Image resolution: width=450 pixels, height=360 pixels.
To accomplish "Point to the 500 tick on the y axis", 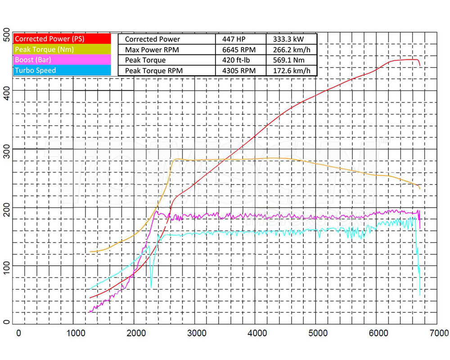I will coord(6,32).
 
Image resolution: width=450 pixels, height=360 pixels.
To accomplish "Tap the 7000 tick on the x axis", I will coord(438,333).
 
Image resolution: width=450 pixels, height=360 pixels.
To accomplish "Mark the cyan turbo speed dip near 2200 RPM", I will coord(151,287).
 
